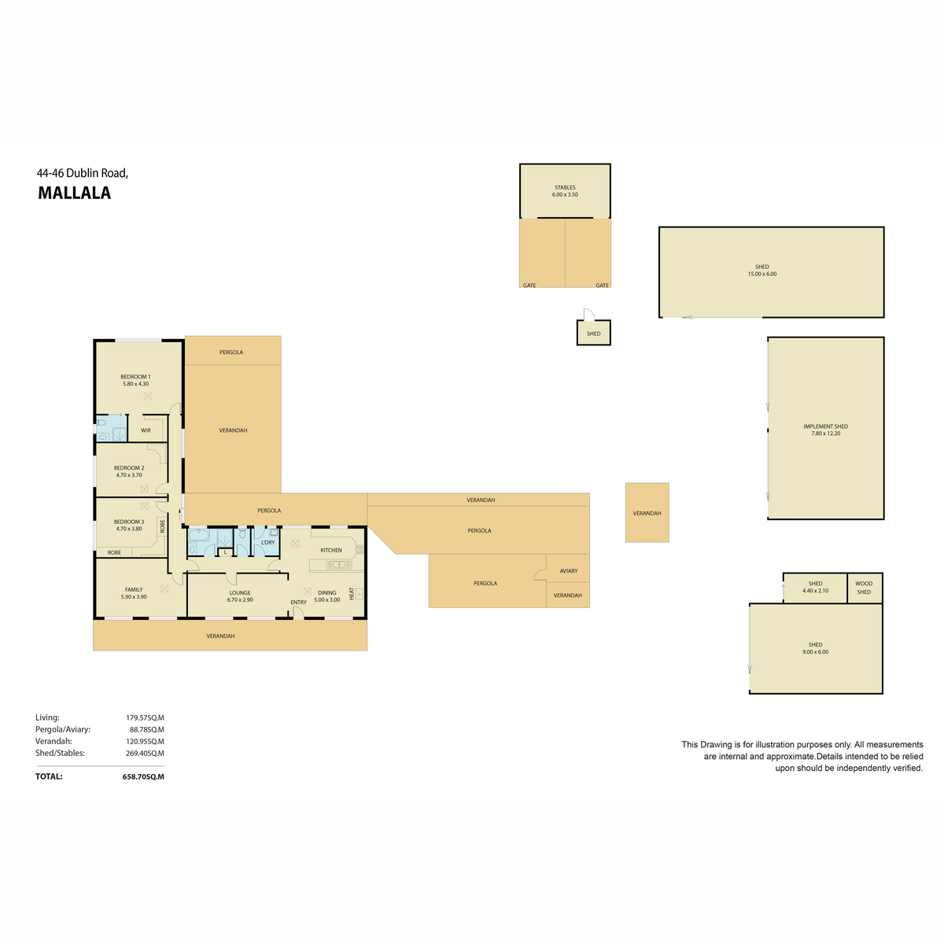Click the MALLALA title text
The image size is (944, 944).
(x=75, y=194)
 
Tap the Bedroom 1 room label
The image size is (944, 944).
(x=135, y=380)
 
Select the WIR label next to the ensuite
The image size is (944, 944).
(x=146, y=430)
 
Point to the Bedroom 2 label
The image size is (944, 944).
(x=129, y=471)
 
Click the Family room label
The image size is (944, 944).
(x=134, y=593)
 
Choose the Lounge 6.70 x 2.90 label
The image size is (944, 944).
(x=240, y=596)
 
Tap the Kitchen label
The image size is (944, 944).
(x=331, y=550)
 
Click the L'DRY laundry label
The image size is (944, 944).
(x=267, y=542)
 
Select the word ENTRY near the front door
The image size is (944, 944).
(x=298, y=603)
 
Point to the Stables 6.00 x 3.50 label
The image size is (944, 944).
(x=565, y=191)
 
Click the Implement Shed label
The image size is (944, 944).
(x=825, y=430)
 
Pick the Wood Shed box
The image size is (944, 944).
(x=864, y=588)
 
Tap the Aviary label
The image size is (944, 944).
(x=569, y=571)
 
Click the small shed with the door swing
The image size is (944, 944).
(x=593, y=334)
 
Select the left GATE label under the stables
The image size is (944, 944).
(x=529, y=286)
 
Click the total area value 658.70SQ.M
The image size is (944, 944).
(x=143, y=776)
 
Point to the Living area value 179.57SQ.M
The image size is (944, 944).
(x=145, y=717)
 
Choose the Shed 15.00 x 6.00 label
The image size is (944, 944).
(x=761, y=271)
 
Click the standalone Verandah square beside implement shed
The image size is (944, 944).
(x=647, y=513)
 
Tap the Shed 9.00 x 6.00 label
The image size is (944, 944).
(x=815, y=648)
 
